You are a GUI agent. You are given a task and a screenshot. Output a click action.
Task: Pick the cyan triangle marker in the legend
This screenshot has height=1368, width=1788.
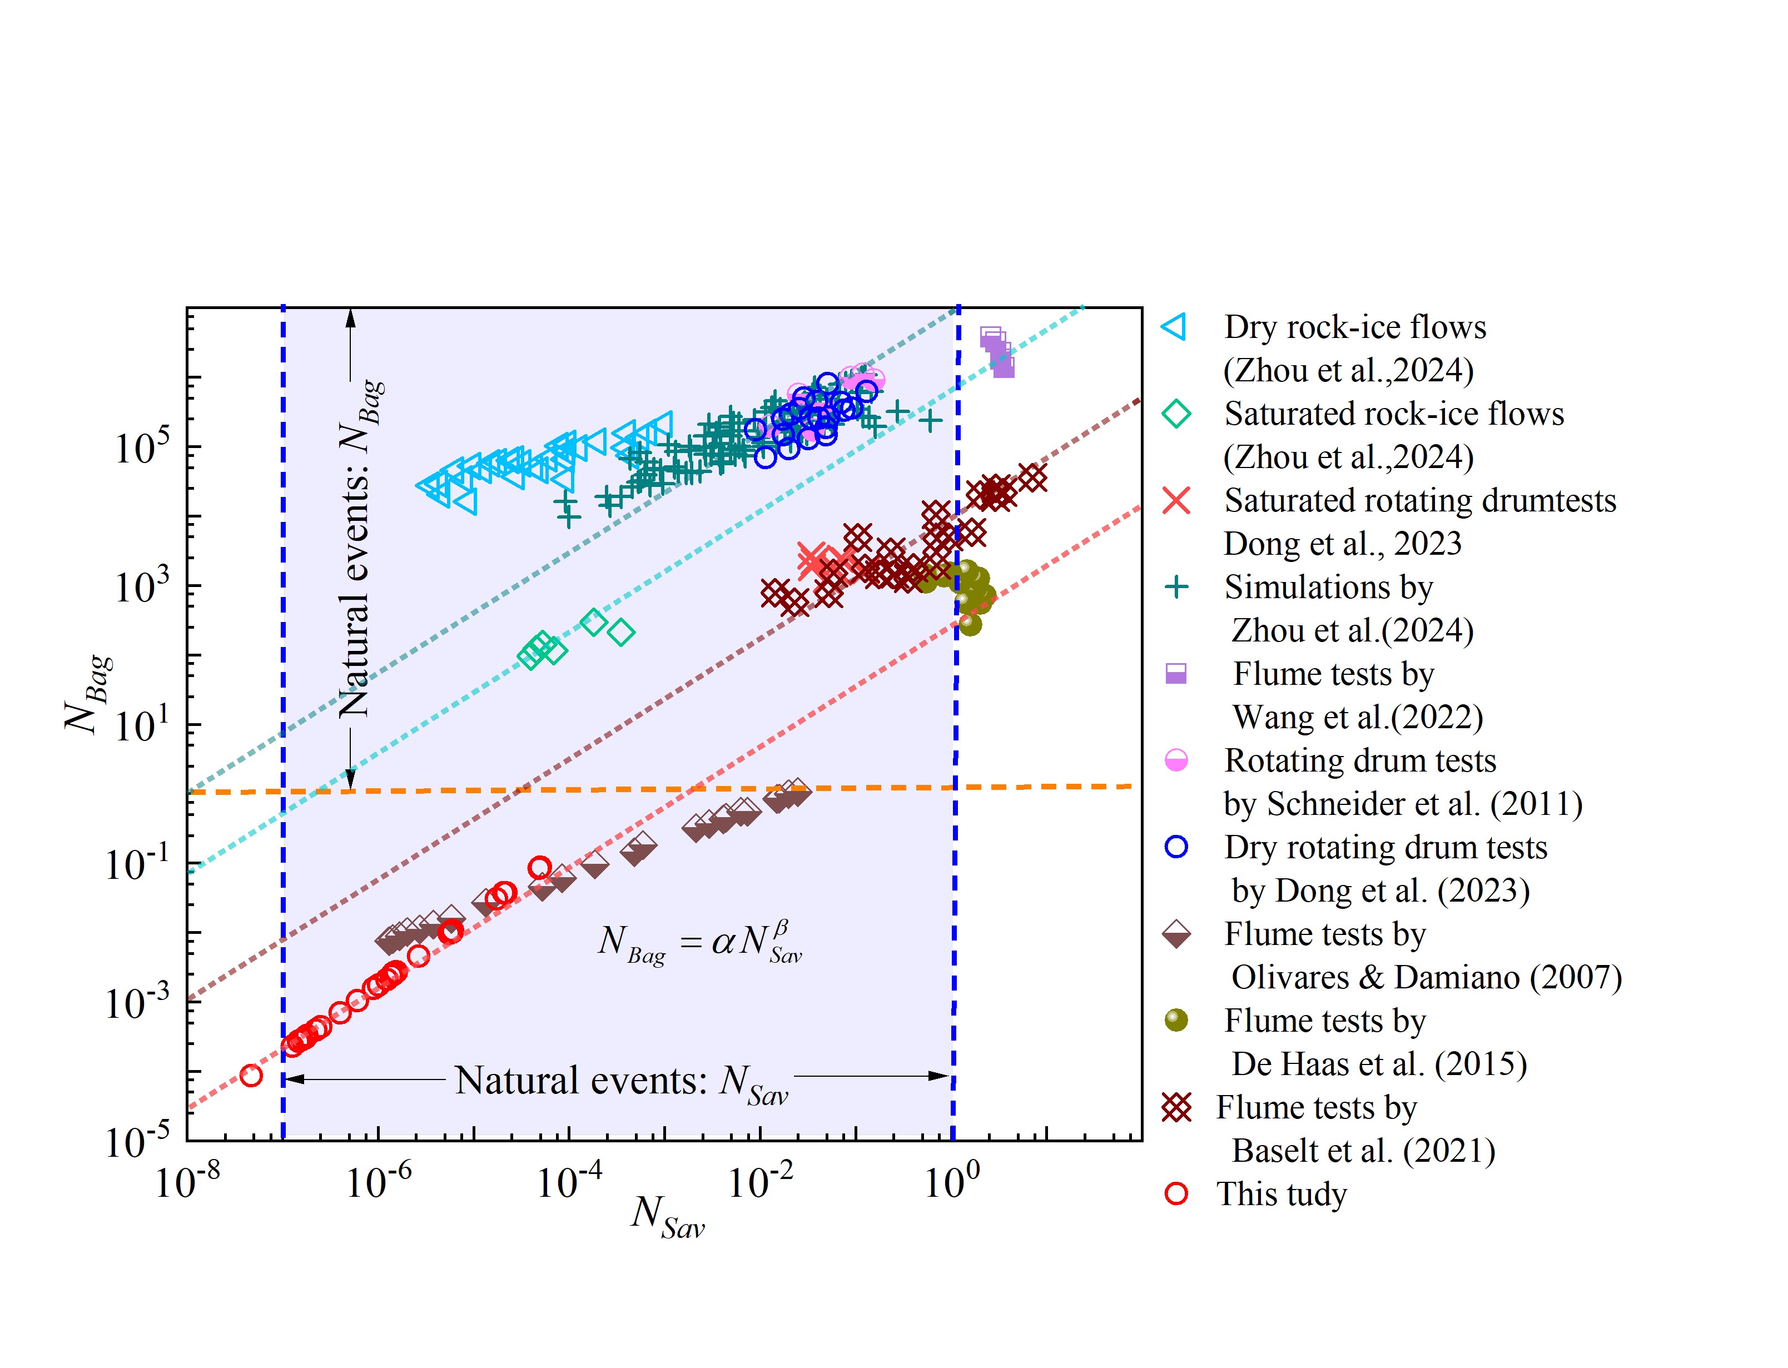point(1174,327)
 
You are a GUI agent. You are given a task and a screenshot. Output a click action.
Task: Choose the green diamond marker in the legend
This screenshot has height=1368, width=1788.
point(1176,414)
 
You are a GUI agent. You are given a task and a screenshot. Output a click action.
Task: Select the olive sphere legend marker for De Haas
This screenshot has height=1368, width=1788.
point(1176,1020)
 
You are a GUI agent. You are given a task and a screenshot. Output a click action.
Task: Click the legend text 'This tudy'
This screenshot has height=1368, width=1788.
point(1281,1195)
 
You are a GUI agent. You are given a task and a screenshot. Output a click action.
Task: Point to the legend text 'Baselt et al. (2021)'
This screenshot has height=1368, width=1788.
point(1363,1151)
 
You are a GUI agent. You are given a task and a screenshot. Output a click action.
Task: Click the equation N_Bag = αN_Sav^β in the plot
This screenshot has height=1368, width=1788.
point(699,942)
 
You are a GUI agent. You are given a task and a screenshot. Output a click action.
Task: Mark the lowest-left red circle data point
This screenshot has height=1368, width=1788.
point(252,1076)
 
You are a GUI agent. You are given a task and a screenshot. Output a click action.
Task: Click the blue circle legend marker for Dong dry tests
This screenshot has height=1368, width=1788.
point(1176,847)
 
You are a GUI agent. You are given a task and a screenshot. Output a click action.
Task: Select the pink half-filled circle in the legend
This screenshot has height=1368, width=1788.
point(1176,760)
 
